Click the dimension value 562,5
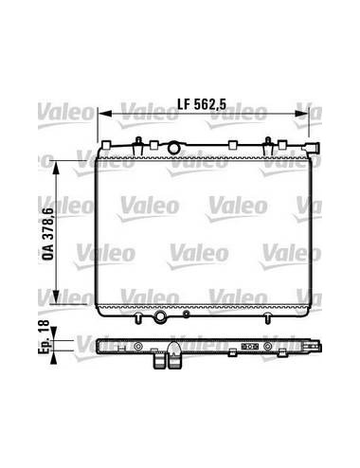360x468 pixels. [210, 104]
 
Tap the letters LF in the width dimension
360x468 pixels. [184, 104]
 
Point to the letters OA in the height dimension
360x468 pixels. [48, 252]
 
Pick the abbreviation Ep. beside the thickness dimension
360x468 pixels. [45, 347]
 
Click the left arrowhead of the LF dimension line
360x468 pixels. [105, 114]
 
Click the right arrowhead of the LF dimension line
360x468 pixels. [301, 114]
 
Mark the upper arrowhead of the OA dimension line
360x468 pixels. [56, 168]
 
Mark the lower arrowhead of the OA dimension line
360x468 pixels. [56, 297]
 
